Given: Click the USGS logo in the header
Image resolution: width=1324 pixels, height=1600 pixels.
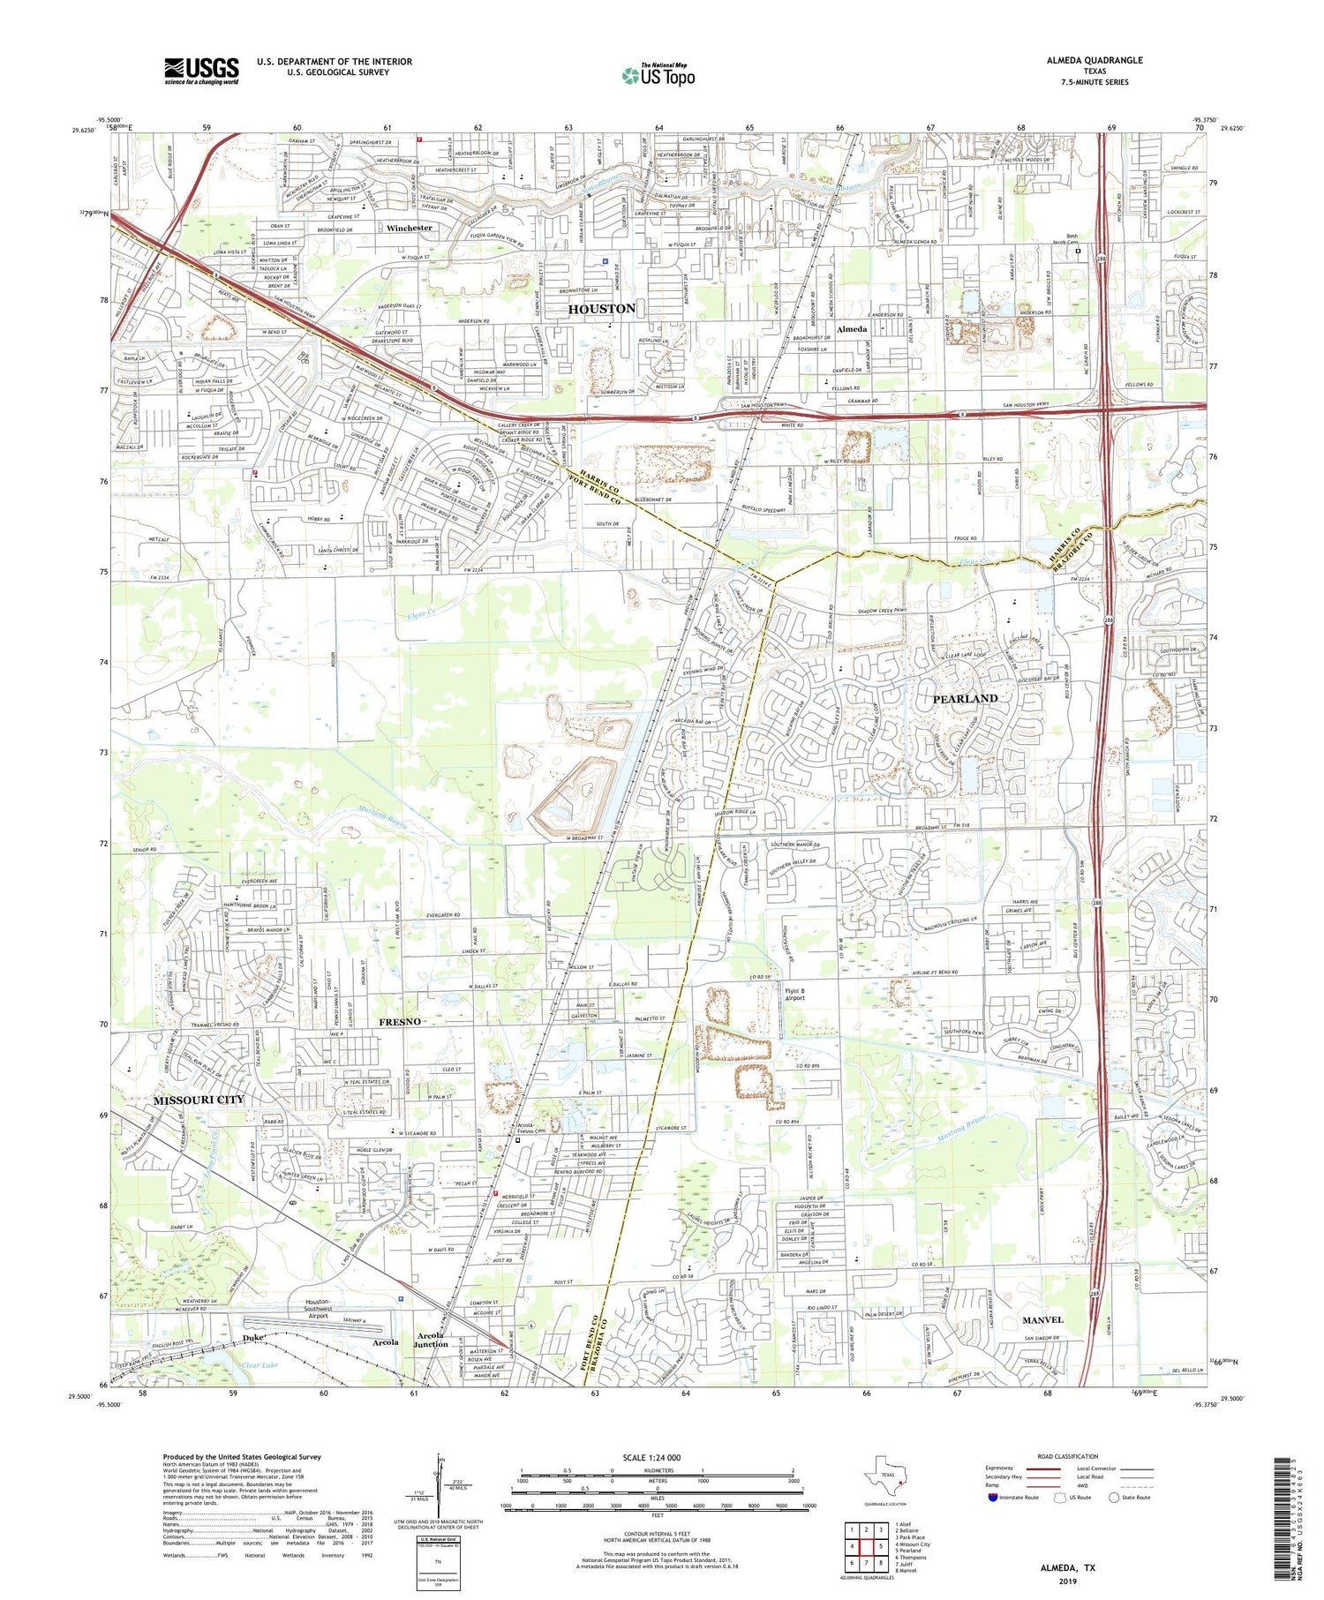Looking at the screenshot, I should coord(201,71).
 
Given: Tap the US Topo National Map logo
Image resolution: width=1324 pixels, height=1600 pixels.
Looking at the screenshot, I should coord(658,75).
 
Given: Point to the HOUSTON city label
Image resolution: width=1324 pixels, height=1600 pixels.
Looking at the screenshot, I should coord(602,309).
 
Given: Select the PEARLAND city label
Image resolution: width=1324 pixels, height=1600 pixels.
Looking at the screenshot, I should coord(965,698).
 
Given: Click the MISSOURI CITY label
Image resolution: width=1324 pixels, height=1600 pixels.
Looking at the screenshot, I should coord(198,1100).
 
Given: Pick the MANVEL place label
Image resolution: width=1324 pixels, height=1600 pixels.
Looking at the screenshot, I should coord(1042,1319).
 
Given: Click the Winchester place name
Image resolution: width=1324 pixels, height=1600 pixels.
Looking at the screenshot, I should coord(410,228).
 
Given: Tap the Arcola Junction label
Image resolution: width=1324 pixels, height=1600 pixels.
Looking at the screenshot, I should coord(432,1340).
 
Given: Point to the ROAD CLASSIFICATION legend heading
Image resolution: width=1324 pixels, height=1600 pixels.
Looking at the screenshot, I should coord(1068,1456).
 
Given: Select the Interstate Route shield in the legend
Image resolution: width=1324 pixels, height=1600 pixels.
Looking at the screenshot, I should coord(993,1498).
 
